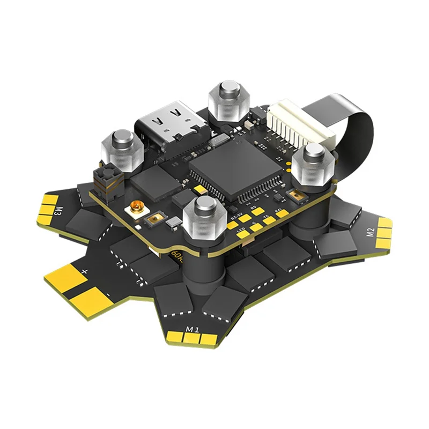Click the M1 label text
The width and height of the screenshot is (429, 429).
coord(191,327)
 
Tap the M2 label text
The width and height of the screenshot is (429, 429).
coord(370,232)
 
